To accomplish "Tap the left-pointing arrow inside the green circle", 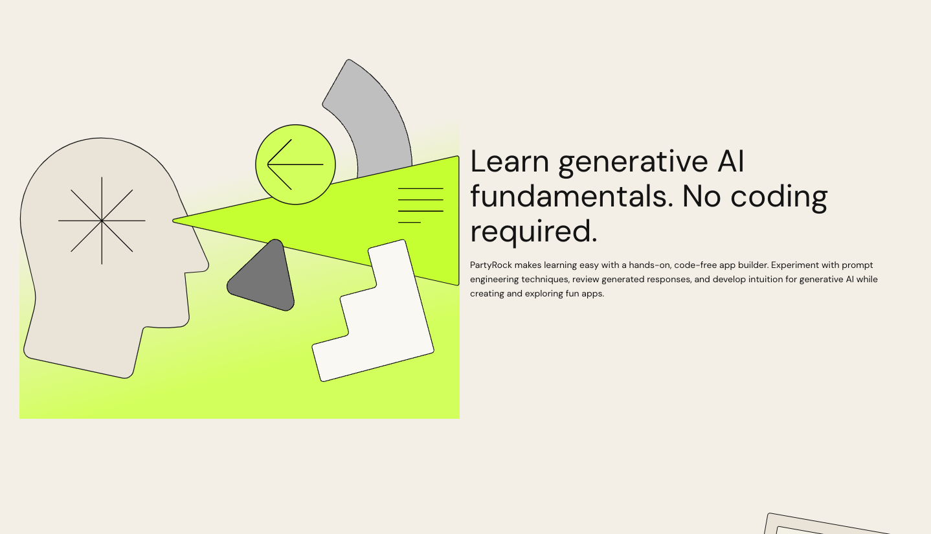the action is [295, 164].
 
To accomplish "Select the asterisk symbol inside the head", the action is [102, 221].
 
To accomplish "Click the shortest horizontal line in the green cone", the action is [409, 222].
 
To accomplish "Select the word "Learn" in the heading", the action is [510, 161].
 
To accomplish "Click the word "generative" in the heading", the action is [633, 164].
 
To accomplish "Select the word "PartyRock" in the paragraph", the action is [491, 265].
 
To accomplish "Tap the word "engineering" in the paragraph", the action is [494, 280].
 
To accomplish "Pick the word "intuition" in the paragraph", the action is [768, 279].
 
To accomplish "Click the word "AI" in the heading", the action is [731, 161].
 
